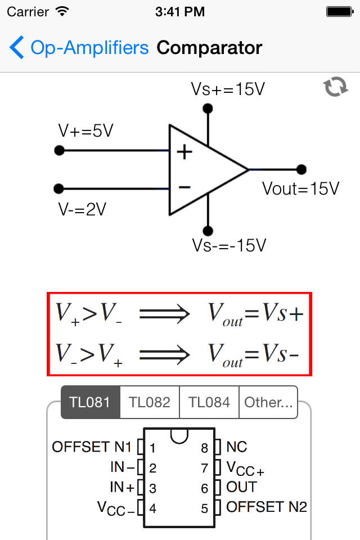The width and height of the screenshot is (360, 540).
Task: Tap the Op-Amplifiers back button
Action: (x=79, y=48)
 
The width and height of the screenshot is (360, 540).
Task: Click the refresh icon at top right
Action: (x=335, y=87)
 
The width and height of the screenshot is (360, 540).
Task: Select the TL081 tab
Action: (x=91, y=402)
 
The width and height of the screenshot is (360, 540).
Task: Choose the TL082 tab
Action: (x=150, y=402)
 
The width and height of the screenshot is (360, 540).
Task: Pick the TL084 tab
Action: (x=209, y=402)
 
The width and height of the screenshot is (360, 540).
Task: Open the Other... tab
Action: (x=268, y=402)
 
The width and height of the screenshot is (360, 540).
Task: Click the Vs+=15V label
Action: (x=228, y=89)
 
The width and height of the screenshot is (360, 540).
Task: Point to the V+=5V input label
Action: (x=86, y=131)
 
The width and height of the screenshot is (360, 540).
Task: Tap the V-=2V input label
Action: (x=82, y=209)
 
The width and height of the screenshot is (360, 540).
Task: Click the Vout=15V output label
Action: (x=301, y=189)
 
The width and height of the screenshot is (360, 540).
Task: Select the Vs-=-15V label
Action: (x=228, y=246)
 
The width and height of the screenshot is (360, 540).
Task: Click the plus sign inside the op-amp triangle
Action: (x=184, y=152)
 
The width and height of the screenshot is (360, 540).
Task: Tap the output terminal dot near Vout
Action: (x=301, y=169)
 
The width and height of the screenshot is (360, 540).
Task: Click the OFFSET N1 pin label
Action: (x=92, y=447)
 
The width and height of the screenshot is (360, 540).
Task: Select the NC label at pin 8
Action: (x=237, y=447)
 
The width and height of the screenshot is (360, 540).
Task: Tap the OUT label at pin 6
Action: (x=241, y=487)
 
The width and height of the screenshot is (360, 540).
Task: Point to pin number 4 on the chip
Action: (x=152, y=508)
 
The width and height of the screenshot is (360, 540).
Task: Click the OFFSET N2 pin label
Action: (x=267, y=507)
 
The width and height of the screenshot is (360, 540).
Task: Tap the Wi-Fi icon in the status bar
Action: (x=62, y=11)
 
